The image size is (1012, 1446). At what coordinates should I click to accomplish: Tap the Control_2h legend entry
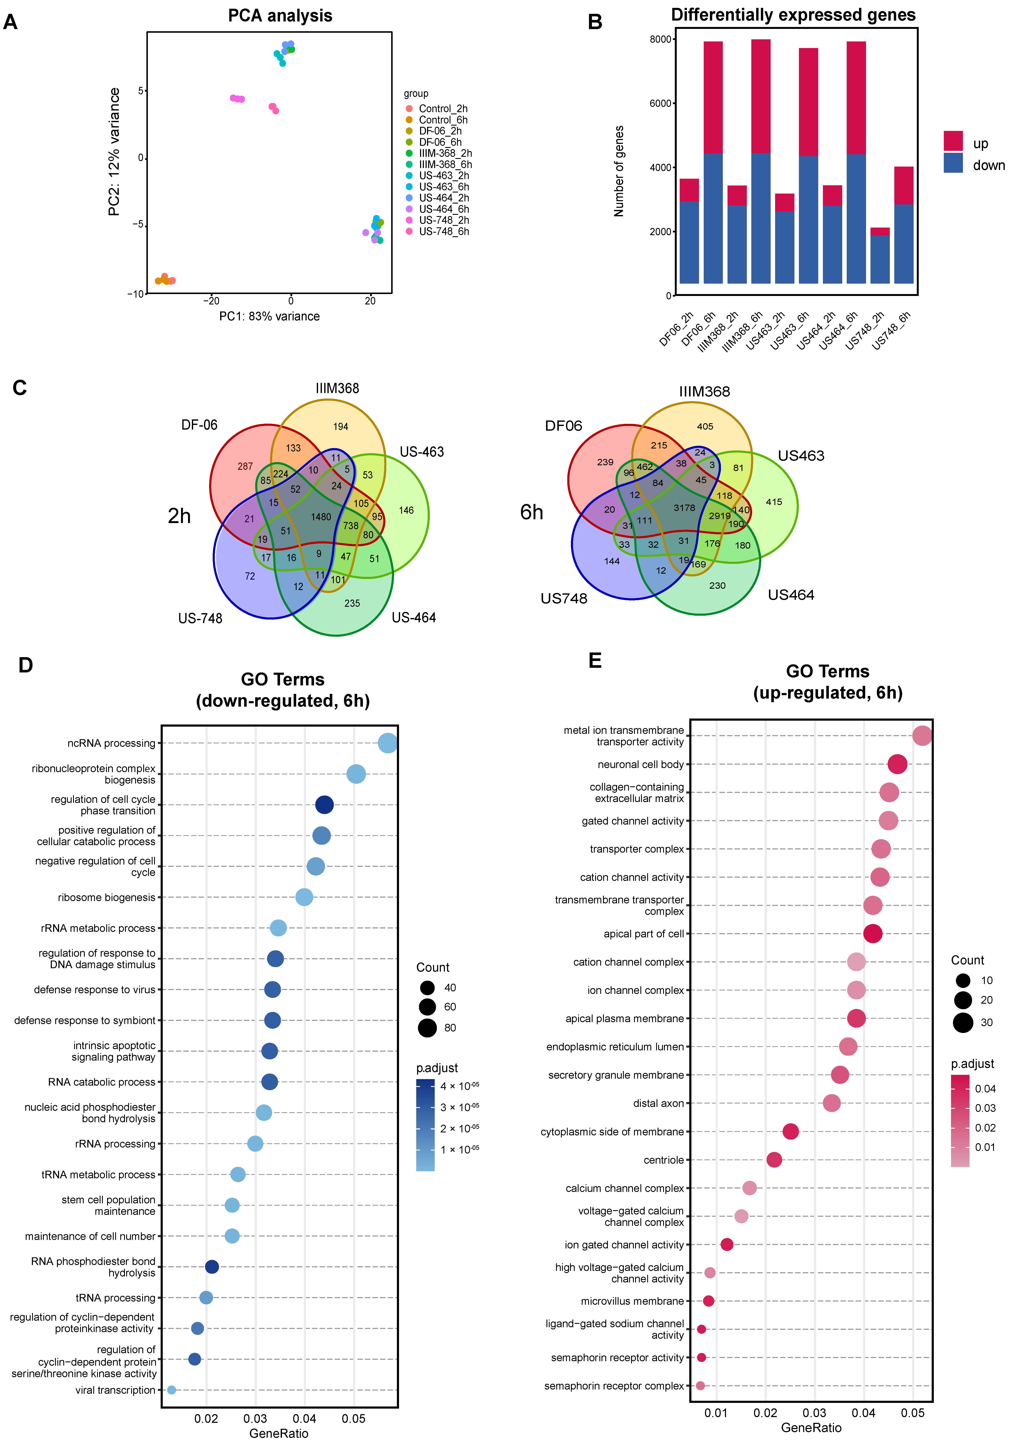(443, 108)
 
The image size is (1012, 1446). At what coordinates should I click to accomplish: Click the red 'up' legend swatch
(953, 140)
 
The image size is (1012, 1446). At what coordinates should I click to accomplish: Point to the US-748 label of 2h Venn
(200, 618)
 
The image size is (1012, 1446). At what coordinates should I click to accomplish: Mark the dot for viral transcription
(171, 1390)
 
